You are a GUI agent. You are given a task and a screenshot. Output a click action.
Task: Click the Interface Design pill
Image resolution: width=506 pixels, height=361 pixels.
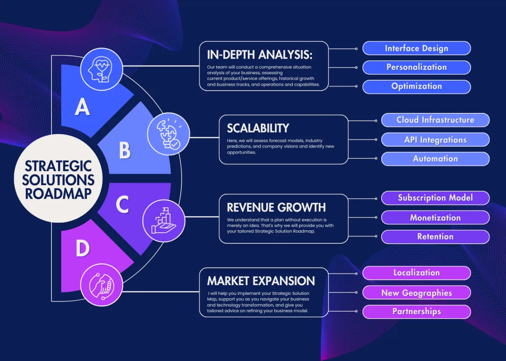[x=417, y=48]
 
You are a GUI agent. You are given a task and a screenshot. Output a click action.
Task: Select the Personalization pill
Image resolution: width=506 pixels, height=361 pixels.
[x=417, y=67]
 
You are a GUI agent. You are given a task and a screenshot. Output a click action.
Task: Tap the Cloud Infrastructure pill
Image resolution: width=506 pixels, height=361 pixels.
[x=435, y=120]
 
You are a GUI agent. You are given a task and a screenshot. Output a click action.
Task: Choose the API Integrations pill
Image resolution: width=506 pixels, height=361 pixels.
[x=435, y=140]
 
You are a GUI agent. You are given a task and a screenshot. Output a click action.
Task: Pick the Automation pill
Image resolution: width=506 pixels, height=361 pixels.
[x=435, y=159]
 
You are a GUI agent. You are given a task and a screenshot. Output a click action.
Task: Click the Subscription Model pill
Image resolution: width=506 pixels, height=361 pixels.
[x=435, y=198]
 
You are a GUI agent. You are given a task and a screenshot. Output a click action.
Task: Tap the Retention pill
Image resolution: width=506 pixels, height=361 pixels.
[x=435, y=237]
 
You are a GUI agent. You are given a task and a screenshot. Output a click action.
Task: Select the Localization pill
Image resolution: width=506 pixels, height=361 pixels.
[x=417, y=273]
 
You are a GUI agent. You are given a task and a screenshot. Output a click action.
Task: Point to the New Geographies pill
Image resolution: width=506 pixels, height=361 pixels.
[x=417, y=293]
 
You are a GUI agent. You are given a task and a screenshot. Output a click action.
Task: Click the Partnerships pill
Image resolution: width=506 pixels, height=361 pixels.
[x=417, y=312]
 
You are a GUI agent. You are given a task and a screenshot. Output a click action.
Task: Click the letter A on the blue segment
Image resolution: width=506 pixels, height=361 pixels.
[x=82, y=107]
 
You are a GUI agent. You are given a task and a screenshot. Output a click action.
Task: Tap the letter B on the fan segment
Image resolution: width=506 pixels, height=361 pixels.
[x=125, y=150]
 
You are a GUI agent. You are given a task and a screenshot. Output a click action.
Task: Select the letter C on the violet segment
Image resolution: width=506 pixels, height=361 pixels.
[x=122, y=205]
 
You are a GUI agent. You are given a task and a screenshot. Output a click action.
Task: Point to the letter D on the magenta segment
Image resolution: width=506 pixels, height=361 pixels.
[x=83, y=248]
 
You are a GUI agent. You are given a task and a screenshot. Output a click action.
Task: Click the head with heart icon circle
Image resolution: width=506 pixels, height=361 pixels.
[x=102, y=69]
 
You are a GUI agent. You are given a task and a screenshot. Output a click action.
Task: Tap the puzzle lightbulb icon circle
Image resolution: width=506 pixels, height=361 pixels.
[x=169, y=134]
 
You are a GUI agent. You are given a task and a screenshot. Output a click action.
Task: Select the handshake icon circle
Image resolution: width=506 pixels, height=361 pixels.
[x=102, y=285]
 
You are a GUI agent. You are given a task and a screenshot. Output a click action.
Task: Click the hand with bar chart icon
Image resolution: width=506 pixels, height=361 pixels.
[x=164, y=221]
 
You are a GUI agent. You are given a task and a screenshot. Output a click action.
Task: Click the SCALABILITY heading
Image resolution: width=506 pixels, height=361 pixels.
[x=258, y=128]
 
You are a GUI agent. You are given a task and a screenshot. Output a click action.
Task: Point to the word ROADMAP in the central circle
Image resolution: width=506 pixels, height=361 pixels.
[x=58, y=194]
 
